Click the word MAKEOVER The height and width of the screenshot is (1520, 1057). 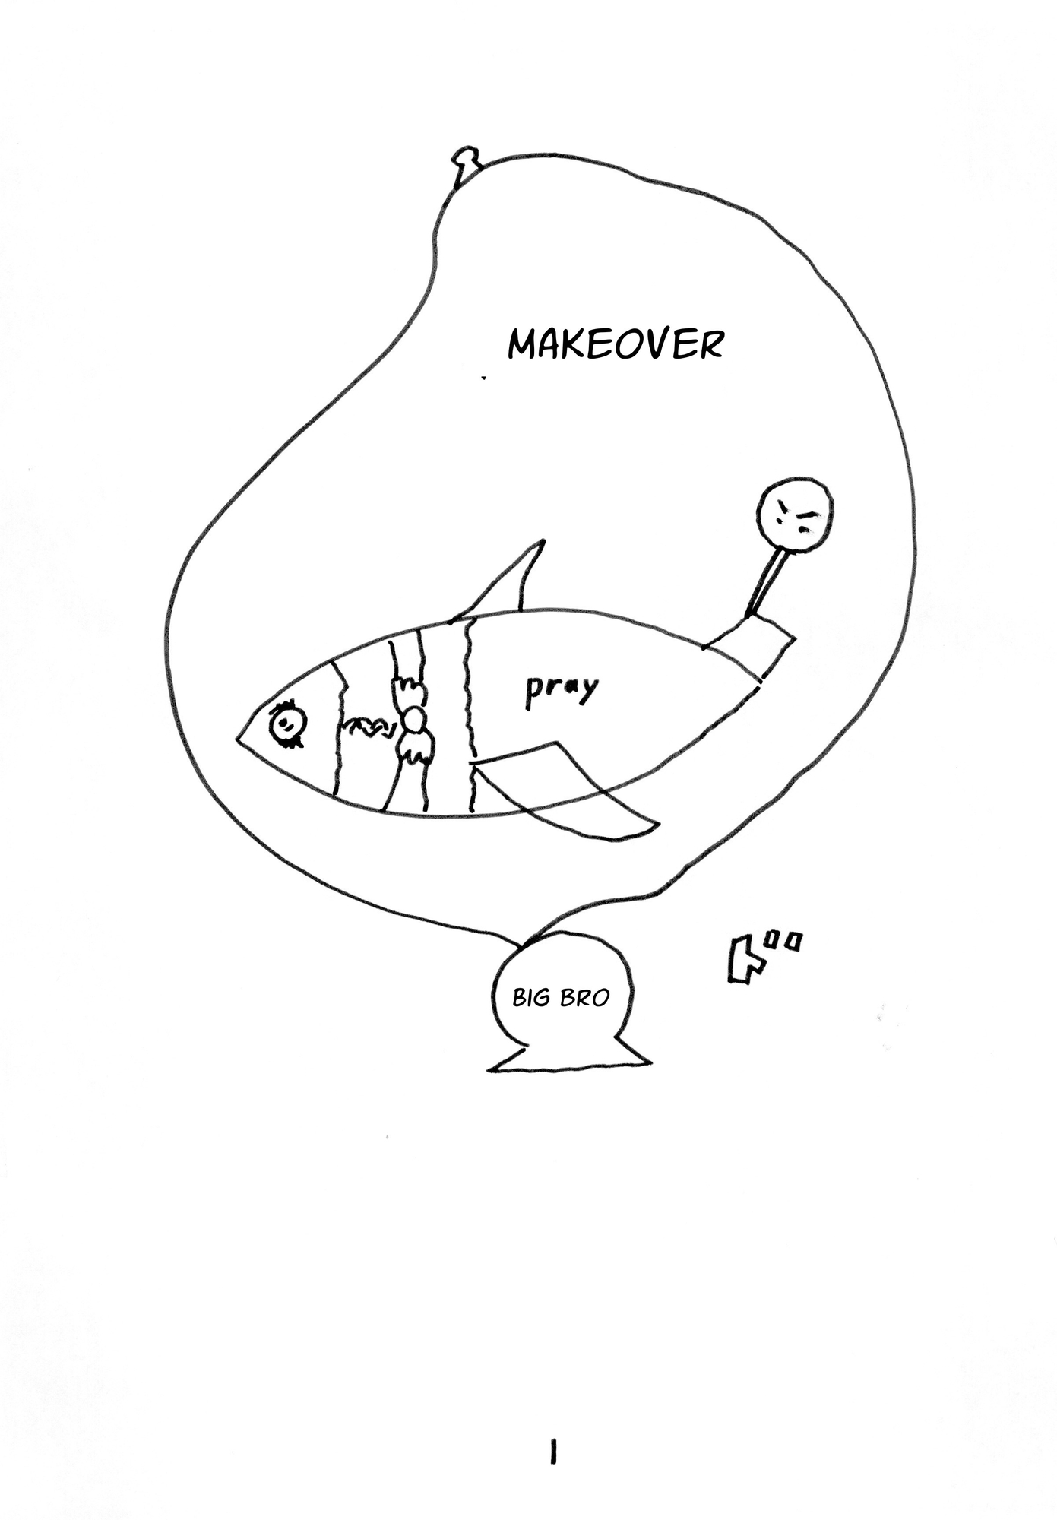coord(615,344)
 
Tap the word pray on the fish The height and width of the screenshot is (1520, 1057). coord(562,689)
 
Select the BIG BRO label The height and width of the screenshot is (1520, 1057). coord(561,997)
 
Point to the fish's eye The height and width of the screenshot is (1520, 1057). coord(286,721)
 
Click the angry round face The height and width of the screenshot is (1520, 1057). coord(796,513)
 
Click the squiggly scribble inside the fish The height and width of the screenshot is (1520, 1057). coord(369,728)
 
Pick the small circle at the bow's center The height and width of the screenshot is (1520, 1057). coord(414,717)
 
